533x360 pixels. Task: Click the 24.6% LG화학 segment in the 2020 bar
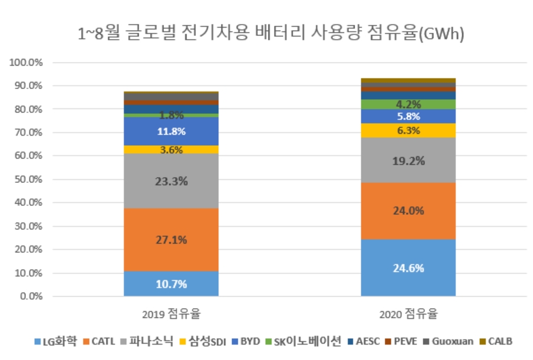(408, 267)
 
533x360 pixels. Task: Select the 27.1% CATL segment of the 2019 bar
(171, 240)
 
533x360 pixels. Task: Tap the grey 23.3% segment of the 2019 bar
(171, 181)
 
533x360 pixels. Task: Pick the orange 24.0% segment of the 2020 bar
(408, 211)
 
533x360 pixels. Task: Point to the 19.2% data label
(408, 160)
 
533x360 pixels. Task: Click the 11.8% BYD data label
(171, 131)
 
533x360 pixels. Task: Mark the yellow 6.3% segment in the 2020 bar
(408, 130)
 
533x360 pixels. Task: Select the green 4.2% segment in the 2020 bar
(408, 104)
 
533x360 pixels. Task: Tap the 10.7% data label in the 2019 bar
(171, 284)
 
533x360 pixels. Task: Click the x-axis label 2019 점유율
(171, 313)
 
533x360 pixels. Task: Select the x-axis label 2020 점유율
(408, 313)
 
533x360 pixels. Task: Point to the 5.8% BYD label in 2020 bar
(408, 117)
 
